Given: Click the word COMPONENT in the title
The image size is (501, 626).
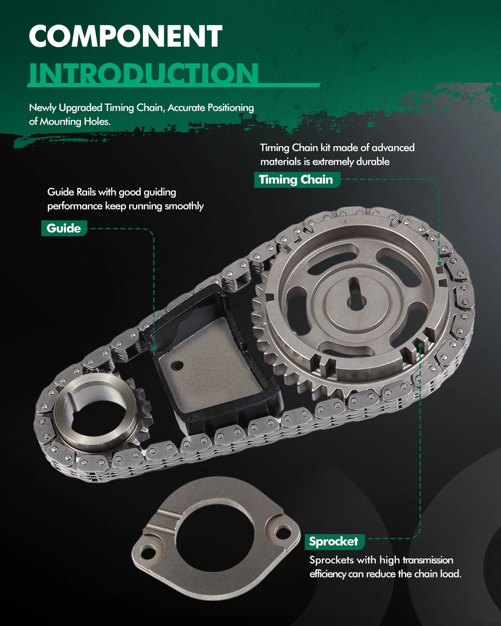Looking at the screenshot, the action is [126, 36].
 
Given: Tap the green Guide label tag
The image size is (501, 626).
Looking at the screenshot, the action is [64, 228].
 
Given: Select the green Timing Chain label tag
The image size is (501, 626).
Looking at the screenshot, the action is [297, 179].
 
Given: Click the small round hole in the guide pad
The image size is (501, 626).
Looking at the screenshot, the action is [177, 366].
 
